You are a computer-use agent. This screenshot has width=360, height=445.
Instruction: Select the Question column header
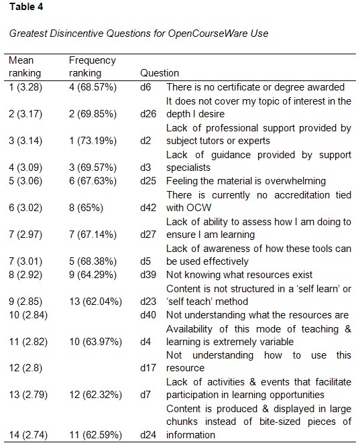(160, 73)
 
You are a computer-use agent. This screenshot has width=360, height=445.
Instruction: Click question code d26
(149, 114)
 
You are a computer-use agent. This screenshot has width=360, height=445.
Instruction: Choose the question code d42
(149, 208)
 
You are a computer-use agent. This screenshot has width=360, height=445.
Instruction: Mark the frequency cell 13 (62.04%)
(97, 302)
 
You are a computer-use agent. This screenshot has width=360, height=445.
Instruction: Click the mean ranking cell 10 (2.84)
(28, 315)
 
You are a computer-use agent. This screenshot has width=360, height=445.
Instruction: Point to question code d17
(149, 369)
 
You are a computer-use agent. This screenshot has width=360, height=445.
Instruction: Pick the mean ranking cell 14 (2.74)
(28, 435)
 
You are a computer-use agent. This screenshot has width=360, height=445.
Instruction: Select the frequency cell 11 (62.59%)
(97, 435)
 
